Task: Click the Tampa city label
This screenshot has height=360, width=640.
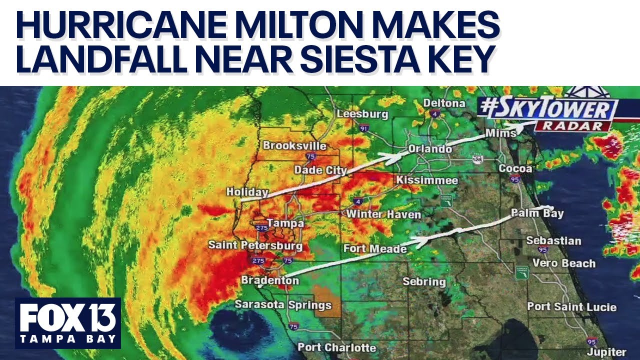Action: click(285, 223)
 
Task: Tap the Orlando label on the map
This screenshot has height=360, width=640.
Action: click(429, 149)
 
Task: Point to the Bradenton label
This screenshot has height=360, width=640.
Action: click(270, 280)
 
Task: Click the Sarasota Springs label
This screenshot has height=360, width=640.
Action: click(283, 304)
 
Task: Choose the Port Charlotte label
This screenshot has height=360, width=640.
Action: click(336, 347)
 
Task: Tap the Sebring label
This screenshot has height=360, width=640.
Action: click(424, 281)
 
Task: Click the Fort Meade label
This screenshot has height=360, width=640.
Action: click(375, 248)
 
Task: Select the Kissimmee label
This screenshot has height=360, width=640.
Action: click(427, 180)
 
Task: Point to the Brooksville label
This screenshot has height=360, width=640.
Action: click(294, 146)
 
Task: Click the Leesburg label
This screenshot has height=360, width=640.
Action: click(362, 114)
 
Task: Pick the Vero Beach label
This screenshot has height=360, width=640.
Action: click(563, 263)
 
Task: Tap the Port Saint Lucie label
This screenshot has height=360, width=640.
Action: click(571, 306)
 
